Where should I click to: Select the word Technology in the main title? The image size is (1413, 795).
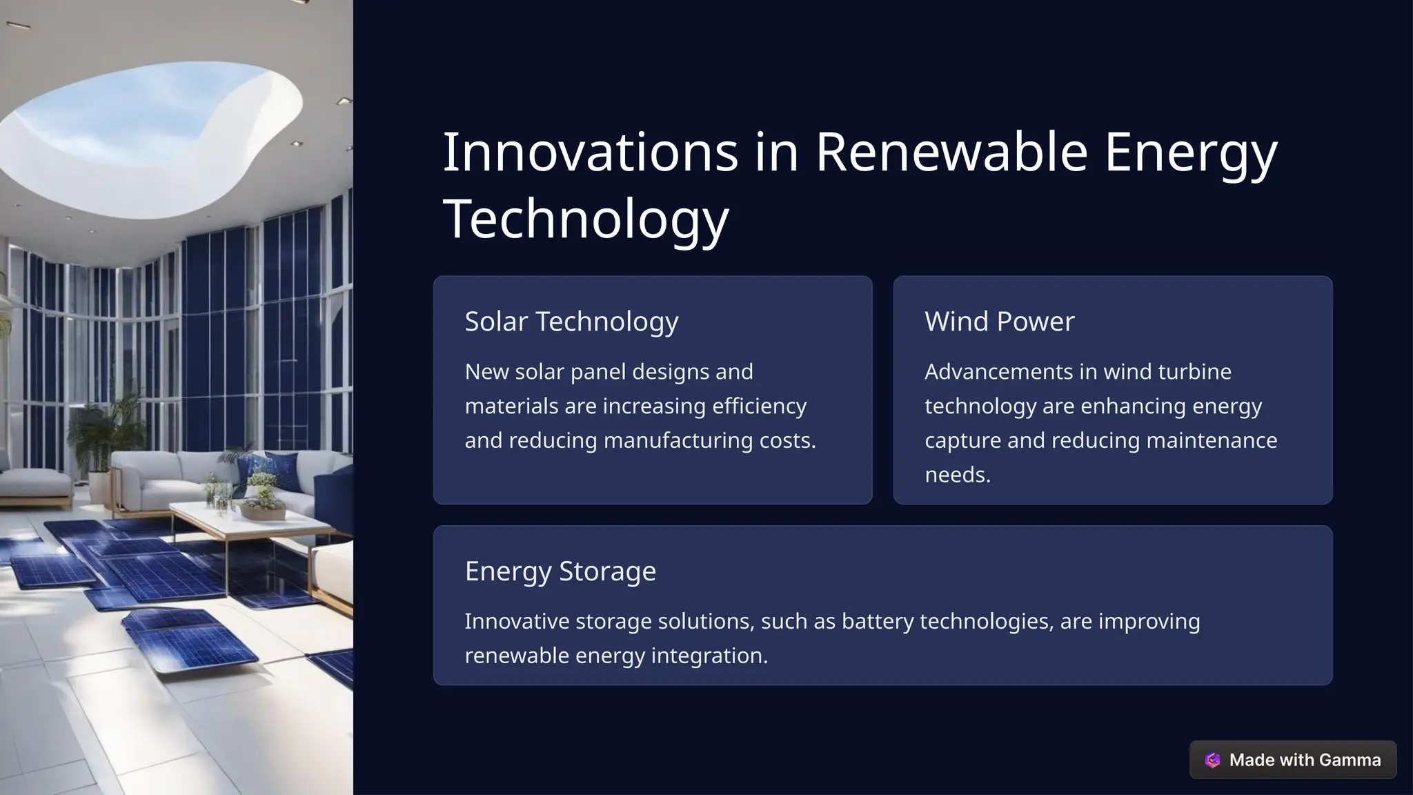tap(585, 219)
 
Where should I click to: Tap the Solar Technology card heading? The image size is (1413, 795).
tap(571, 322)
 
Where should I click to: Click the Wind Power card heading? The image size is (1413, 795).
tap(999, 322)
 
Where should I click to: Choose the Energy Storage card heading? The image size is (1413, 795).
tap(560, 571)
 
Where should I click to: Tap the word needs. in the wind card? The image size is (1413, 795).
tap(958, 475)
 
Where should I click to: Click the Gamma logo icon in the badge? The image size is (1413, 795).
tap(1212, 760)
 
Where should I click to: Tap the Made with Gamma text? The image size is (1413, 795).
tap(1305, 760)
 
